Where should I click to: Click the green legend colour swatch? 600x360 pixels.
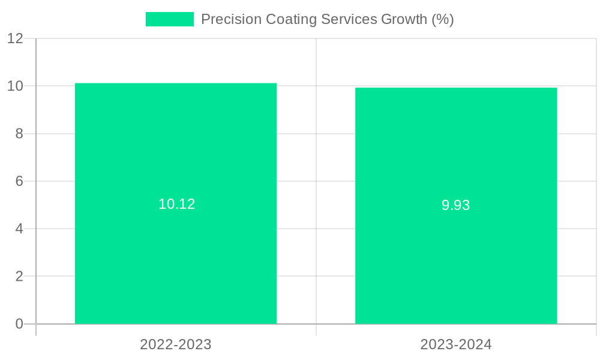(170, 19)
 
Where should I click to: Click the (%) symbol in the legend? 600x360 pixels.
(443, 19)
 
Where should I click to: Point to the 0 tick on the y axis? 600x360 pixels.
(19, 324)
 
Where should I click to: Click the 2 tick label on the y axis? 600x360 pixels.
(19, 277)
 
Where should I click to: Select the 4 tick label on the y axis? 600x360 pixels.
(19, 229)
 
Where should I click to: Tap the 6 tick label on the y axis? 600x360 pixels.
(19, 181)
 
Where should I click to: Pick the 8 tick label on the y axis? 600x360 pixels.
(19, 134)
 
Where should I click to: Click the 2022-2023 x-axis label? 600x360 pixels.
(176, 344)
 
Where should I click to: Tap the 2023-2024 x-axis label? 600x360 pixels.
(456, 344)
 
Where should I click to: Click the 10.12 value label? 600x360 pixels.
(176, 204)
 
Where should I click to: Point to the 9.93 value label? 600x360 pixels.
(456, 205)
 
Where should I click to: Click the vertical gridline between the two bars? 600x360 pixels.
(316, 180)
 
